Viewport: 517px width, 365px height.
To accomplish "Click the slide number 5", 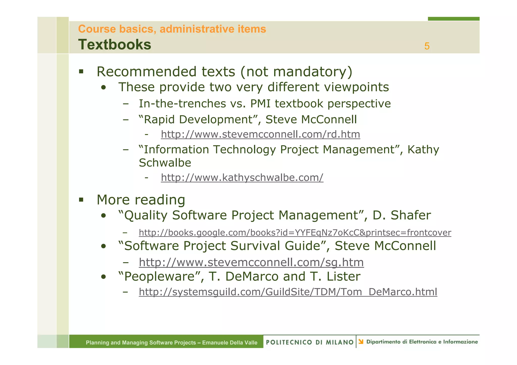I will tap(427, 46).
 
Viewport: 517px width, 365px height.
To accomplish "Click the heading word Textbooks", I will tap(115, 45).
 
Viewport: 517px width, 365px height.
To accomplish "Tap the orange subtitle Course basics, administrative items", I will tap(172, 29).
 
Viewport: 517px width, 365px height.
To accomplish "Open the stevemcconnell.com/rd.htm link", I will tap(260, 134).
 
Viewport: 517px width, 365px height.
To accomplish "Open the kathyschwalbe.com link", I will tap(242, 177).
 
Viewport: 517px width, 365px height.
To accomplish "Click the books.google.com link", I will tap(295, 232).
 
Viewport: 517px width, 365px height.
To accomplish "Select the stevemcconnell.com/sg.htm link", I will tap(251, 262).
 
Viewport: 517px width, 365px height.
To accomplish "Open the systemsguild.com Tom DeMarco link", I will tap(288, 292).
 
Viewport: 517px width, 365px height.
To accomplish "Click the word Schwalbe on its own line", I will tap(165, 163).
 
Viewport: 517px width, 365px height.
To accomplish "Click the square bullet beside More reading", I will tap(81, 200).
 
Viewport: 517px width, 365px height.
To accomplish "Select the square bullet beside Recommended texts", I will tap(81, 72).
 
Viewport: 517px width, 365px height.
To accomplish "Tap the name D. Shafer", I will tap(402, 215).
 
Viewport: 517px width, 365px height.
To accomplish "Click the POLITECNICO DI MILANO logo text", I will tap(309, 342).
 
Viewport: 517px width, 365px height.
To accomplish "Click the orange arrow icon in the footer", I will tap(361, 342).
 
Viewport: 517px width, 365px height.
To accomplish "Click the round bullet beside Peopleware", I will tap(103, 277).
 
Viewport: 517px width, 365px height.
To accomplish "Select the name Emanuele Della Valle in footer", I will tap(229, 343).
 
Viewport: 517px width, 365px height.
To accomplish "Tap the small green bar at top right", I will tap(453, 19).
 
